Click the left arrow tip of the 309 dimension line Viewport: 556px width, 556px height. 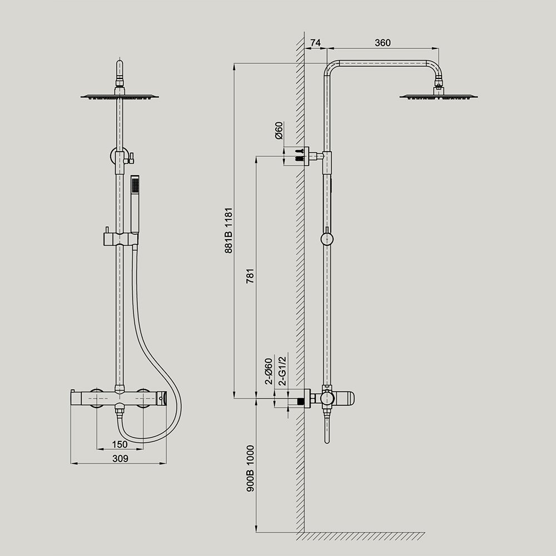coord(71,463)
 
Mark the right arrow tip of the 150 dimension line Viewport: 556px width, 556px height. coord(143,449)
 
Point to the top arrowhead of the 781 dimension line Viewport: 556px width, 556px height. coord(256,156)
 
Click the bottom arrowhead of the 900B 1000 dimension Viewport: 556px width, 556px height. coord(256,532)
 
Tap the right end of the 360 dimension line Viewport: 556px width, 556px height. coord(439,48)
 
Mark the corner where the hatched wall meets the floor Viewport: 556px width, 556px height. coord(304,532)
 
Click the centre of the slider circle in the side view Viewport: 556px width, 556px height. coord(326,239)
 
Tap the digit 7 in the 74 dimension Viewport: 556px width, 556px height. coord(313,43)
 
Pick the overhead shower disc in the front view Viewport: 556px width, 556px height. coord(120,96)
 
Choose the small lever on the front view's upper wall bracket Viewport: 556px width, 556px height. coord(131,157)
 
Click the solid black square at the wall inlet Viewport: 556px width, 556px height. coord(301,401)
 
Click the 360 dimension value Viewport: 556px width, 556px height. coord(383,43)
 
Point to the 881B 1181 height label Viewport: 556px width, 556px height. coord(229,231)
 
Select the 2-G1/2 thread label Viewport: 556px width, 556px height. coord(282,371)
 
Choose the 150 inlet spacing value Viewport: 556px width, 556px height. coord(120,444)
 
